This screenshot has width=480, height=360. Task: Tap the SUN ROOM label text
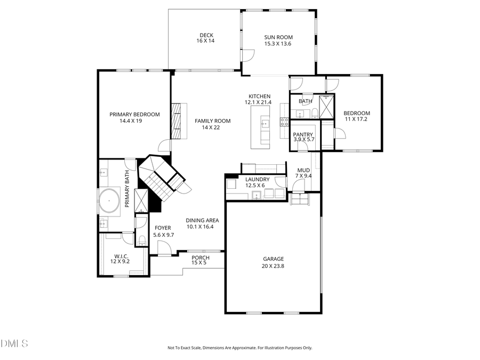(x=278, y=37)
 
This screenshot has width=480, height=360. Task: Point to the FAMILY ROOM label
(x=212, y=121)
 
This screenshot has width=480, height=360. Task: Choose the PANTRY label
(x=303, y=135)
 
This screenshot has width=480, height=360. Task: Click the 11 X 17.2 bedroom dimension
(x=356, y=119)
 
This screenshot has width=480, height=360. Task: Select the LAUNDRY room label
(x=257, y=180)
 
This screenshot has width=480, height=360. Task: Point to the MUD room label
(x=303, y=170)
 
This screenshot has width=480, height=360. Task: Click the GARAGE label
(x=273, y=259)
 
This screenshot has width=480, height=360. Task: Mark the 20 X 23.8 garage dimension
(x=273, y=266)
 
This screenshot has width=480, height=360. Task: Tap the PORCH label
(x=201, y=258)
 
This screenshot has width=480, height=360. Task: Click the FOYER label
(x=163, y=228)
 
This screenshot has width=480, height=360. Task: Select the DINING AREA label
(x=203, y=220)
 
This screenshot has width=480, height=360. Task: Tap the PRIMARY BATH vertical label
(x=127, y=189)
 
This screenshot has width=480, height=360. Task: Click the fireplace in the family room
(x=176, y=121)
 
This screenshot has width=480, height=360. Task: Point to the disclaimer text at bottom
(x=240, y=348)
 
